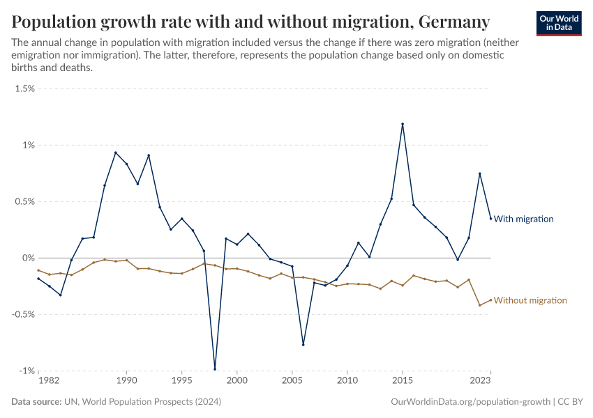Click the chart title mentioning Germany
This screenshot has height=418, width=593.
pos(250,21)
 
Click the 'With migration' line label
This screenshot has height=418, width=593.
pos(523,219)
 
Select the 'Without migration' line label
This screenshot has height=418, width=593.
pos(530,300)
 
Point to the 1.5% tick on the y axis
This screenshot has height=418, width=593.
pos(24,88)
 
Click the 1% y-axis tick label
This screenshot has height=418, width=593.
pos(27,145)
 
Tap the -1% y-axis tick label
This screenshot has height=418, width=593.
pos(26,371)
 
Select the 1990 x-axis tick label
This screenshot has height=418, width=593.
pos(126,381)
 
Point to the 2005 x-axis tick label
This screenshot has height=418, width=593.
pos(292,381)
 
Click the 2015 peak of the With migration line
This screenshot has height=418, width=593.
pos(403,124)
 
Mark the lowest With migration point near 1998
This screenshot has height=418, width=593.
pos(215,369)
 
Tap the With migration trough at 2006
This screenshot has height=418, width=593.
pos(303,344)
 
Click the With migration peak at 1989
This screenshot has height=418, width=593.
pos(116,153)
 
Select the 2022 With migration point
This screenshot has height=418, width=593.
pos(479,173)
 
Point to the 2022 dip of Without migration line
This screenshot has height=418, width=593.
pos(479,305)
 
